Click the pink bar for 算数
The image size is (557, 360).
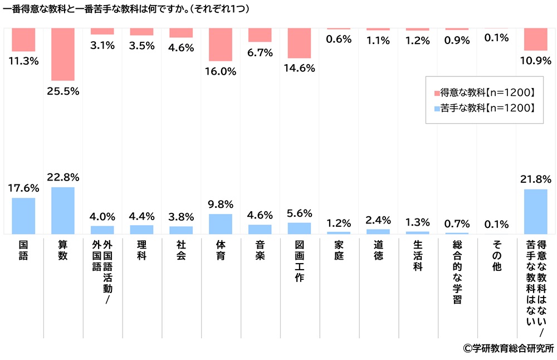pyautogui.click(x=63, y=55)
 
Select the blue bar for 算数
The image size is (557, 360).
pyautogui.click(x=63, y=211)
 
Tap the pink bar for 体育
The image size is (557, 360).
pyautogui.click(x=221, y=45)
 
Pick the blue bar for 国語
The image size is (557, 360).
pyautogui.click(x=23, y=216)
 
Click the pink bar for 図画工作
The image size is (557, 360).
pyautogui.click(x=300, y=43)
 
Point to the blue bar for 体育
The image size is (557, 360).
pyautogui.click(x=221, y=223)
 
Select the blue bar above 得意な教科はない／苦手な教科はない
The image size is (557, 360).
pyautogui.click(x=536, y=212)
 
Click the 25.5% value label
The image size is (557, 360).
pyautogui.click(x=63, y=91)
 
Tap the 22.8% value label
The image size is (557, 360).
pyautogui.click(x=63, y=177)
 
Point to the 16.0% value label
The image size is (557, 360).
pyautogui.click(x=221, y=71)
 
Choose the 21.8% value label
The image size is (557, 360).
pyautogui.click(x=536, y=179)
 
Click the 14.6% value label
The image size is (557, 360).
pyautogui.click(x=300, y=69)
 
